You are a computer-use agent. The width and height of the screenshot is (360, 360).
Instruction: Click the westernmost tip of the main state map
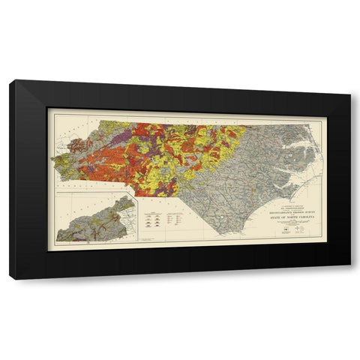tap(52, 157)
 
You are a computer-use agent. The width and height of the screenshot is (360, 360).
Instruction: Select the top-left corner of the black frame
tap(10, 81)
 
